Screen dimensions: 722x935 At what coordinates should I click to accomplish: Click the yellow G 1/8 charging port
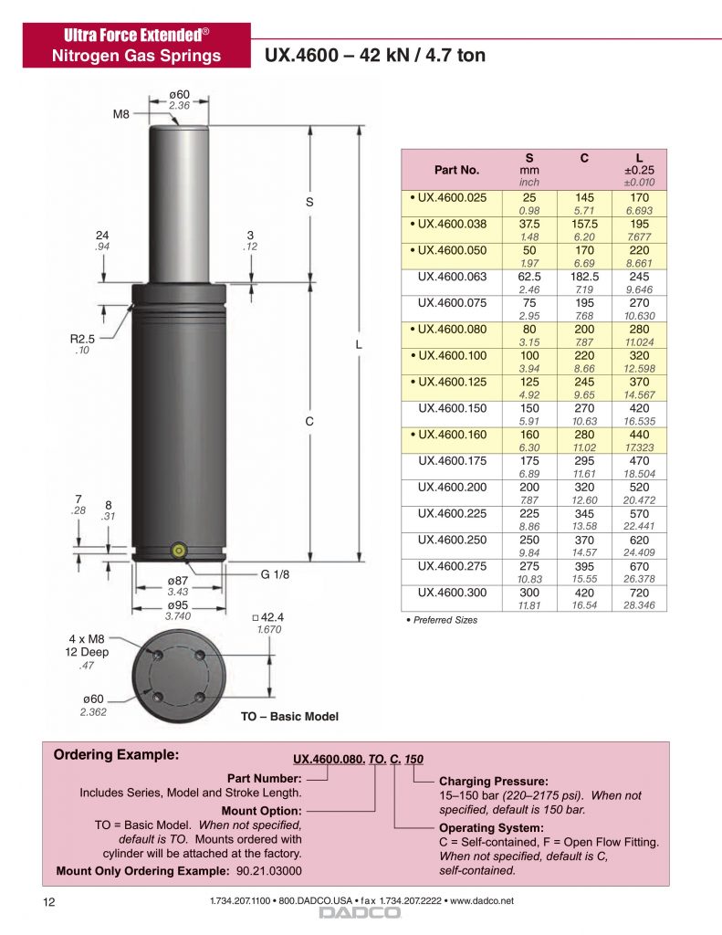(178, 551)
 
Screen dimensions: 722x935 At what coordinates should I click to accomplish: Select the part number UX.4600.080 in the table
(452, 329)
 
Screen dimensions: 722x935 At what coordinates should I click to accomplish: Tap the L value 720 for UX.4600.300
(639, 593)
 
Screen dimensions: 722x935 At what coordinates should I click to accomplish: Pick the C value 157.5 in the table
(584, 225)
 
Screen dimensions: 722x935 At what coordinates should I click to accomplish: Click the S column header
(529, 158)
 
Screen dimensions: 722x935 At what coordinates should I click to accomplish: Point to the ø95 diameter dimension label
(178, 604)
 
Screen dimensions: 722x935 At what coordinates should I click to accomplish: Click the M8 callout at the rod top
(121, 114)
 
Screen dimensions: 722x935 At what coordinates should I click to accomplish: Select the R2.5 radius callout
(82, 339)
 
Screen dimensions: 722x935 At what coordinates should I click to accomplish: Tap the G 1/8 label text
(275, 574)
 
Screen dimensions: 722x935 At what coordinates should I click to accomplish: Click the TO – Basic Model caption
(289, 716)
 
